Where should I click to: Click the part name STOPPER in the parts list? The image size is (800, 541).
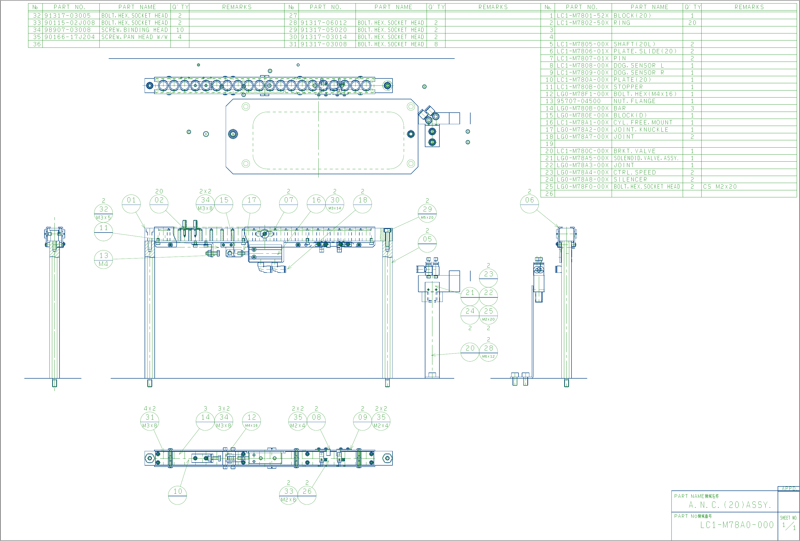click(x=628, y=87)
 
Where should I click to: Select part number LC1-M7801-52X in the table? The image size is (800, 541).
click(x=583, y=16)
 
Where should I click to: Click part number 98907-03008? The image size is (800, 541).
click(x=68, y=30)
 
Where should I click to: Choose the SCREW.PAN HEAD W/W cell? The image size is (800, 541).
click(x=134, y=37)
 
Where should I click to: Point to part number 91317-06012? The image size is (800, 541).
click(x=324, y=23)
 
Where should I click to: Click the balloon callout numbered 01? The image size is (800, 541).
click(x=131, y=204)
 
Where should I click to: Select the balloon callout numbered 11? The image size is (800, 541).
click(x=103, y=232)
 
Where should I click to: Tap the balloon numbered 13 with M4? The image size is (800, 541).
click(x=103, y=259)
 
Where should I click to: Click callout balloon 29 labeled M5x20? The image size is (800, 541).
click(x=427, y=213)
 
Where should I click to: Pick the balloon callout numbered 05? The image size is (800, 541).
click(x=427, y=243)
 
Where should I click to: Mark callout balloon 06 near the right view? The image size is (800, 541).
click(x=529, y=204)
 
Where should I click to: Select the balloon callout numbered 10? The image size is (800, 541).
click(x=177, y=495)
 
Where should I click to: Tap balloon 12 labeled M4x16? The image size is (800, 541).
click(x=252, y=421)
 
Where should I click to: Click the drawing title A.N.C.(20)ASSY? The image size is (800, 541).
click(x=729, y=505)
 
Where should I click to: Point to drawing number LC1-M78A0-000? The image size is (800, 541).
click(x=737, y=525)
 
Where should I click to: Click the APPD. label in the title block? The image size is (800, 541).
click(x=788, y=488)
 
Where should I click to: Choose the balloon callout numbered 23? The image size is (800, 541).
click(x=488, y=278)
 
